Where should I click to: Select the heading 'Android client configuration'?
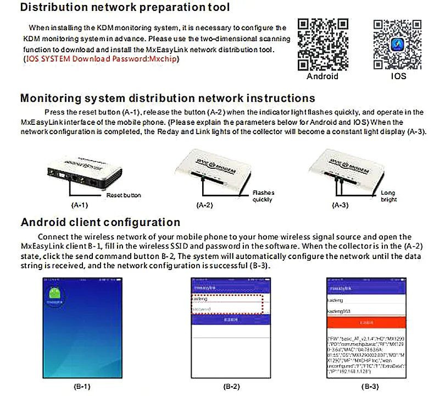click(100, 222)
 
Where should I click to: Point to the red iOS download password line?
click(102, 59)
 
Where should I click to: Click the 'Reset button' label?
click(124, 195)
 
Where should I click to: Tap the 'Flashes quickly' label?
click(263, 196)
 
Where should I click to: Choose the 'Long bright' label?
click(388, 196)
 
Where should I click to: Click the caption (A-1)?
click(80, 205)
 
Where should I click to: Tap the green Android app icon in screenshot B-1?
click(54, 295)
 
